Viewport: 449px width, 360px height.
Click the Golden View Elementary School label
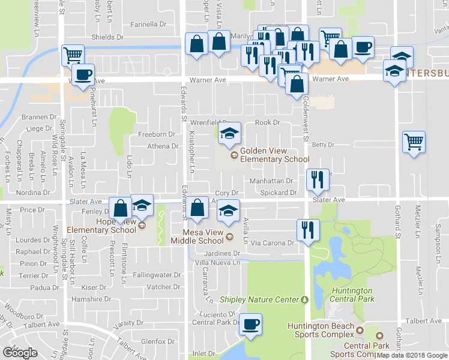click(274, 155)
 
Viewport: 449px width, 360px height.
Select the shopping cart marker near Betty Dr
click(413, 142)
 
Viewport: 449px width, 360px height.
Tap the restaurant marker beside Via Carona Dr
click(309, 230)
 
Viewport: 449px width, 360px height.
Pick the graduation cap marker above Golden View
click(229, 134)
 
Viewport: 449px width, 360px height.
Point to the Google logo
click(20, 353)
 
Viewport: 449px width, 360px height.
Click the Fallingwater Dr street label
click(157, 275)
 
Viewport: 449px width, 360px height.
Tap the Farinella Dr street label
click(148, 25)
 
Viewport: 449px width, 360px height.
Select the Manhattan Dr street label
click(271, 180)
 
